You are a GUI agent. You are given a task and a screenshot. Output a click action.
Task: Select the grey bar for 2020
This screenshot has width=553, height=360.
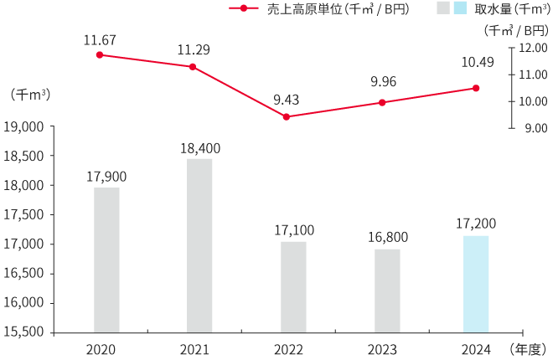[x=106, y=260]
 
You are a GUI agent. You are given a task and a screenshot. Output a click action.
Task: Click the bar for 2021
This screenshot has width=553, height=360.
[x=199, y=245]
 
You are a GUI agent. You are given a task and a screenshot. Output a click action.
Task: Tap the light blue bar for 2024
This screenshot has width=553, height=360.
[x=476, y=284]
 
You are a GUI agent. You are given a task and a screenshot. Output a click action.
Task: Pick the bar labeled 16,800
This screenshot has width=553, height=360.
[x=387, y=291]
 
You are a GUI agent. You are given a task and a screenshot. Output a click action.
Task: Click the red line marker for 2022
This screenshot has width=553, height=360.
[x=287, y=117]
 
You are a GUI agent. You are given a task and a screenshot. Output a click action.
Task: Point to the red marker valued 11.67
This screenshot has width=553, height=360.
[x=100, y=54]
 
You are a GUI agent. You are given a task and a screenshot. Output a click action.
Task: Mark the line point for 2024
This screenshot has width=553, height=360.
[x=476, y=88]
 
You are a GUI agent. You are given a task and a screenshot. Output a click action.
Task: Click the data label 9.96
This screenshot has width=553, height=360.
[x=382, y=83]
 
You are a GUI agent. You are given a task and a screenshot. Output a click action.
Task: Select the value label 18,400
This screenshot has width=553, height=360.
[x=199, y=148]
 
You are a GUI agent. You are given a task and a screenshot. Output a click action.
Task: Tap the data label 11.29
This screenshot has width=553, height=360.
[x=193, y=49]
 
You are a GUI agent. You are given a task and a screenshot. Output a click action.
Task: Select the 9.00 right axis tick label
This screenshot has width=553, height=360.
[x=535, y=128]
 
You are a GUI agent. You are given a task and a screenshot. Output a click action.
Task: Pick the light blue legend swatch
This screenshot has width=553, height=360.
[x=460, y=8]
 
